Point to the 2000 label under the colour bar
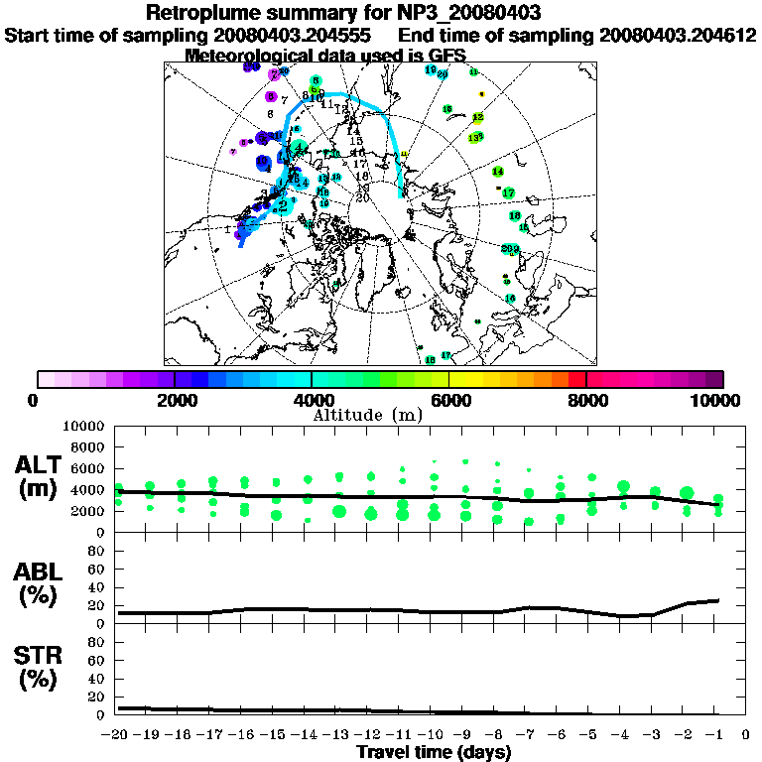click(x=175, y=400)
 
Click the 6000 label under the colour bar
click(x=448, y=400)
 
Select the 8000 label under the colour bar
click(x=585, y=400)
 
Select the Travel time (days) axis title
click(x=434, y=753)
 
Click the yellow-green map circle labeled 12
click(x=477, y=117)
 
